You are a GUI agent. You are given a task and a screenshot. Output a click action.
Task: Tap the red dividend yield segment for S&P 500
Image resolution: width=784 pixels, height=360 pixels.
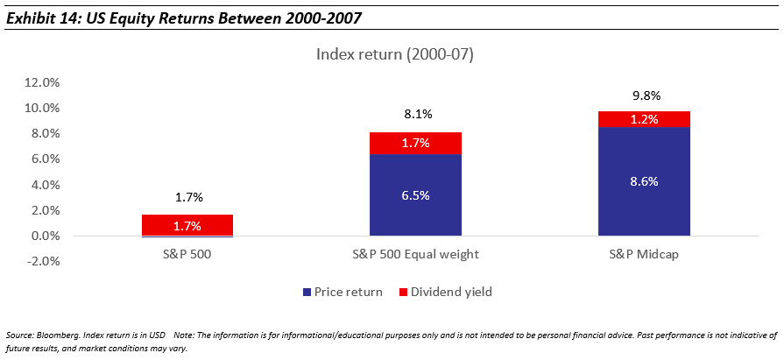tap(187, 225)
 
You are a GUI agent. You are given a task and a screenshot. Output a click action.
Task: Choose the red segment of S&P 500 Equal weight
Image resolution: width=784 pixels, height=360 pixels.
tap(415, 143)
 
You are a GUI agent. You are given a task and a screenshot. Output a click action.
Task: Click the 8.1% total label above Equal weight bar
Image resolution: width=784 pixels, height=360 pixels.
tap(415, 114)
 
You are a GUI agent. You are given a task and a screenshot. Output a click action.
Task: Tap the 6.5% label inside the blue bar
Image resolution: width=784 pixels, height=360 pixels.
tap(415, 195)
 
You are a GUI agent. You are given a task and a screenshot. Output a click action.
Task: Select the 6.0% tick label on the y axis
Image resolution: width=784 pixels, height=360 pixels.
tap(43, 159)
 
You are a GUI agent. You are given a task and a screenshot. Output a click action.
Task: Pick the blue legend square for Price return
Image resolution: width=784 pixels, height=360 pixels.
tap(307, 292)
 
